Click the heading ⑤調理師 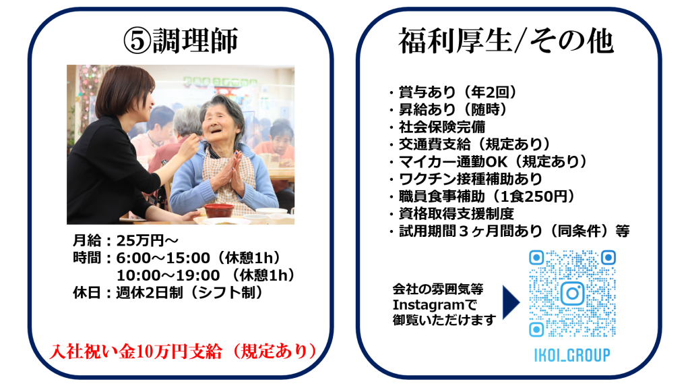point(181,40)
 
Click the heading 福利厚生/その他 point(506,41)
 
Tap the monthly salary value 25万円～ point(148,240)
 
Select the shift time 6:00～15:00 point(163,258)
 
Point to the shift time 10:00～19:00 point(168,275)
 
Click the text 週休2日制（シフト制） point(189,292)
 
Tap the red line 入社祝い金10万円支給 point(135,352)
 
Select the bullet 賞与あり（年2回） point(458,92)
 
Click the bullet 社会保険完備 point(442,127)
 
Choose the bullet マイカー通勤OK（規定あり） point(493,161)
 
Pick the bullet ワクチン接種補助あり point(470,179)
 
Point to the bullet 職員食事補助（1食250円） point(487,196)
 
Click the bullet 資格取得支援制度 point(456,213)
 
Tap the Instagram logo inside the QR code point(572,294)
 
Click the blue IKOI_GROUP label point(572,355)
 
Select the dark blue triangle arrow point(511,302)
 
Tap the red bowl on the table point(219,210)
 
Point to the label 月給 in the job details point(87,240)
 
